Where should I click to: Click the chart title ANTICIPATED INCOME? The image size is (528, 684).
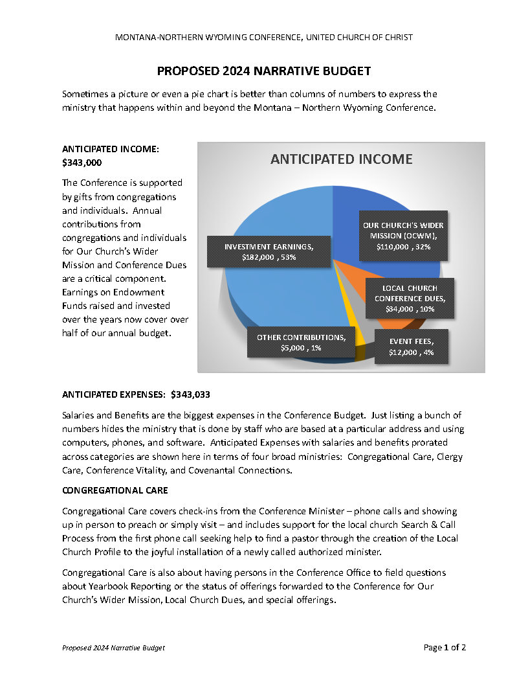(341, 159)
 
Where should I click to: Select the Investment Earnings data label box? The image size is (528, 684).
(269, 251)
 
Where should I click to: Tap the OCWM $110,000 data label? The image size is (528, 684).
(403, 236)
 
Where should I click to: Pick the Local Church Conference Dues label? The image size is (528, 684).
(409, 298)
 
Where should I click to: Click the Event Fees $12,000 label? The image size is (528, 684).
(411, 347)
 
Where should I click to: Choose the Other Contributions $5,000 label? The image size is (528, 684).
(301, 342)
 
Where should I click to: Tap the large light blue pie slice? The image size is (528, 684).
(272, 291)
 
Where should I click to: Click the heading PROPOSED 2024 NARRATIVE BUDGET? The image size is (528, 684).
(264, 71)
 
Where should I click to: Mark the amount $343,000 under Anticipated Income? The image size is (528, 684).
(82, 163)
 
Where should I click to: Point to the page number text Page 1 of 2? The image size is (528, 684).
(445, 647)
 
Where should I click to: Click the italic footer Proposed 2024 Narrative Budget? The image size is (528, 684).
(113, 648)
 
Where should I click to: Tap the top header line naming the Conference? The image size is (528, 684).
(264, 38)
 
